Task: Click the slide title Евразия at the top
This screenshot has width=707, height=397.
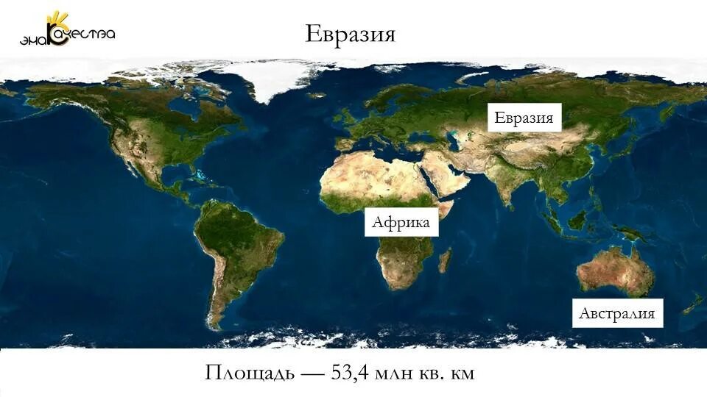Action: click(x=350, y=34)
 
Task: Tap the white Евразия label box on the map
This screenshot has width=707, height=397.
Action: click(x=524, y=118)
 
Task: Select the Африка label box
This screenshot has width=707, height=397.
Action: click(x=401, y=222)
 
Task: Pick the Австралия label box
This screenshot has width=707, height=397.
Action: click(x=616, y=313)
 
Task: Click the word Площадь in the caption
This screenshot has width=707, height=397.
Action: click(x=248, y=373)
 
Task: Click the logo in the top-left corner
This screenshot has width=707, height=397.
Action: click(x=66, y=29)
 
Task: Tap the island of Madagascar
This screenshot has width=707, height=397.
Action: click(x=445, y=260)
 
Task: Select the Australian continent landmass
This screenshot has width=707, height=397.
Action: click(x=615, y=271)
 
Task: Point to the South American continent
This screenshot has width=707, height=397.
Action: click(x=236, y=243)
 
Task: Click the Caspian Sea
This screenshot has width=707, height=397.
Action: click(x=454, y=139)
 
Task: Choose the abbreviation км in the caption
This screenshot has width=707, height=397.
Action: click(x=462, y=373)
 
